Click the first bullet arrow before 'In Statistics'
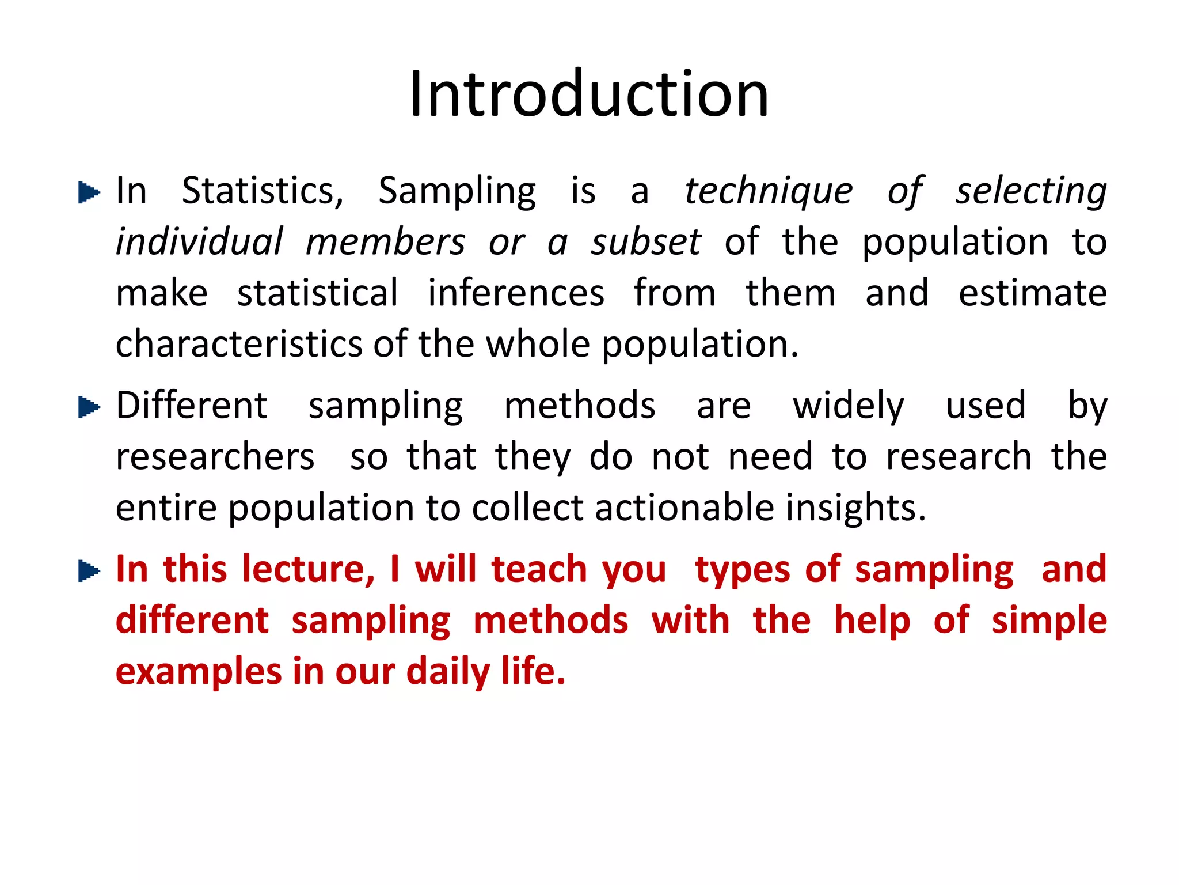click(x=89, y=192)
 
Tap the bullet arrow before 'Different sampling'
click(x=89, y=407)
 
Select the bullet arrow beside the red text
click(x=89, y=571)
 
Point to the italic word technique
click(x=769, y=192)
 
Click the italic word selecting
click(x=1031, y=192)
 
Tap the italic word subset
click(x=646, y=242)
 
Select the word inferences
click(x=516, y=293)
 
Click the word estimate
click(x=1032, y=293)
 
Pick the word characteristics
click(x=239, y=344)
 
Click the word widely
click(x=848, y=406)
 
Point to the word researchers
click(x=215, y=457)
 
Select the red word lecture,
click(x=308, y=569)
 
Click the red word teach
click(x=538, y=569)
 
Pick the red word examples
click(x=199, y=672)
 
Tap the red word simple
click(x=1049, y=621)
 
